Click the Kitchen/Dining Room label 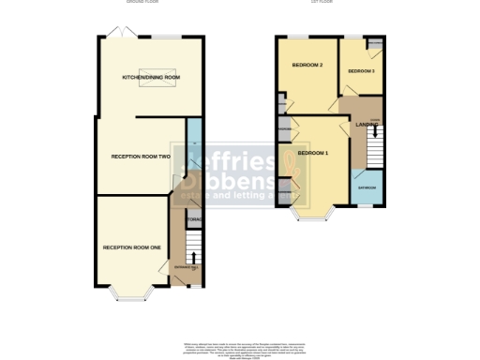151,77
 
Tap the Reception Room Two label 141,157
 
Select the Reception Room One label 132,247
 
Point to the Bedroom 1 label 312,152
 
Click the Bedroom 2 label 308,66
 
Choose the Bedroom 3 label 361,70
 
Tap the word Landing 366,124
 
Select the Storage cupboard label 194,220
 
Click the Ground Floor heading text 141,3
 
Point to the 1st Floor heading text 323,3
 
